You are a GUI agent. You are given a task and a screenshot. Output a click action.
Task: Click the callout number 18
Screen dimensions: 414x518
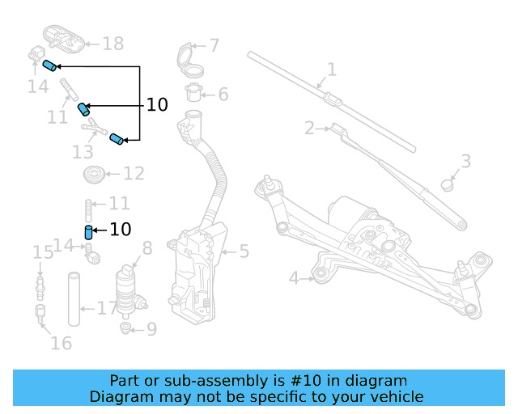113,44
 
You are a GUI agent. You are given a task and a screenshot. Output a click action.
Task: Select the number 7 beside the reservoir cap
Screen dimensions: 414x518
214,46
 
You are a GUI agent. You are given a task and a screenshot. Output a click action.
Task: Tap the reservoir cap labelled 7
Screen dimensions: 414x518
185,58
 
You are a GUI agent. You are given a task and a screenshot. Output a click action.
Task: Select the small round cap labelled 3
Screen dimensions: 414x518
447,184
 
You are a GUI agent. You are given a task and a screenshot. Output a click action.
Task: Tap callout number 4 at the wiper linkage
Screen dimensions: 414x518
295,279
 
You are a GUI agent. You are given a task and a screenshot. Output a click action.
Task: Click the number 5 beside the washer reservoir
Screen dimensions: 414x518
244,252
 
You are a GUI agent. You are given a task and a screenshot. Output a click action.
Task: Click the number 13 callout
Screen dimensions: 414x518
83,151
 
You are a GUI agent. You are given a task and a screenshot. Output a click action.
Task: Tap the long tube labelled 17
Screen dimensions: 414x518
74,299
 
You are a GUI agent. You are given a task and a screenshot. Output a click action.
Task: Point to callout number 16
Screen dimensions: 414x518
61,343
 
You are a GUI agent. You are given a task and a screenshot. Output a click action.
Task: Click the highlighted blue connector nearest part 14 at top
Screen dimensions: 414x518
49,65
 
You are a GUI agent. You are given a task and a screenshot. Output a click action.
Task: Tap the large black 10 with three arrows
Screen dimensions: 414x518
157,105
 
